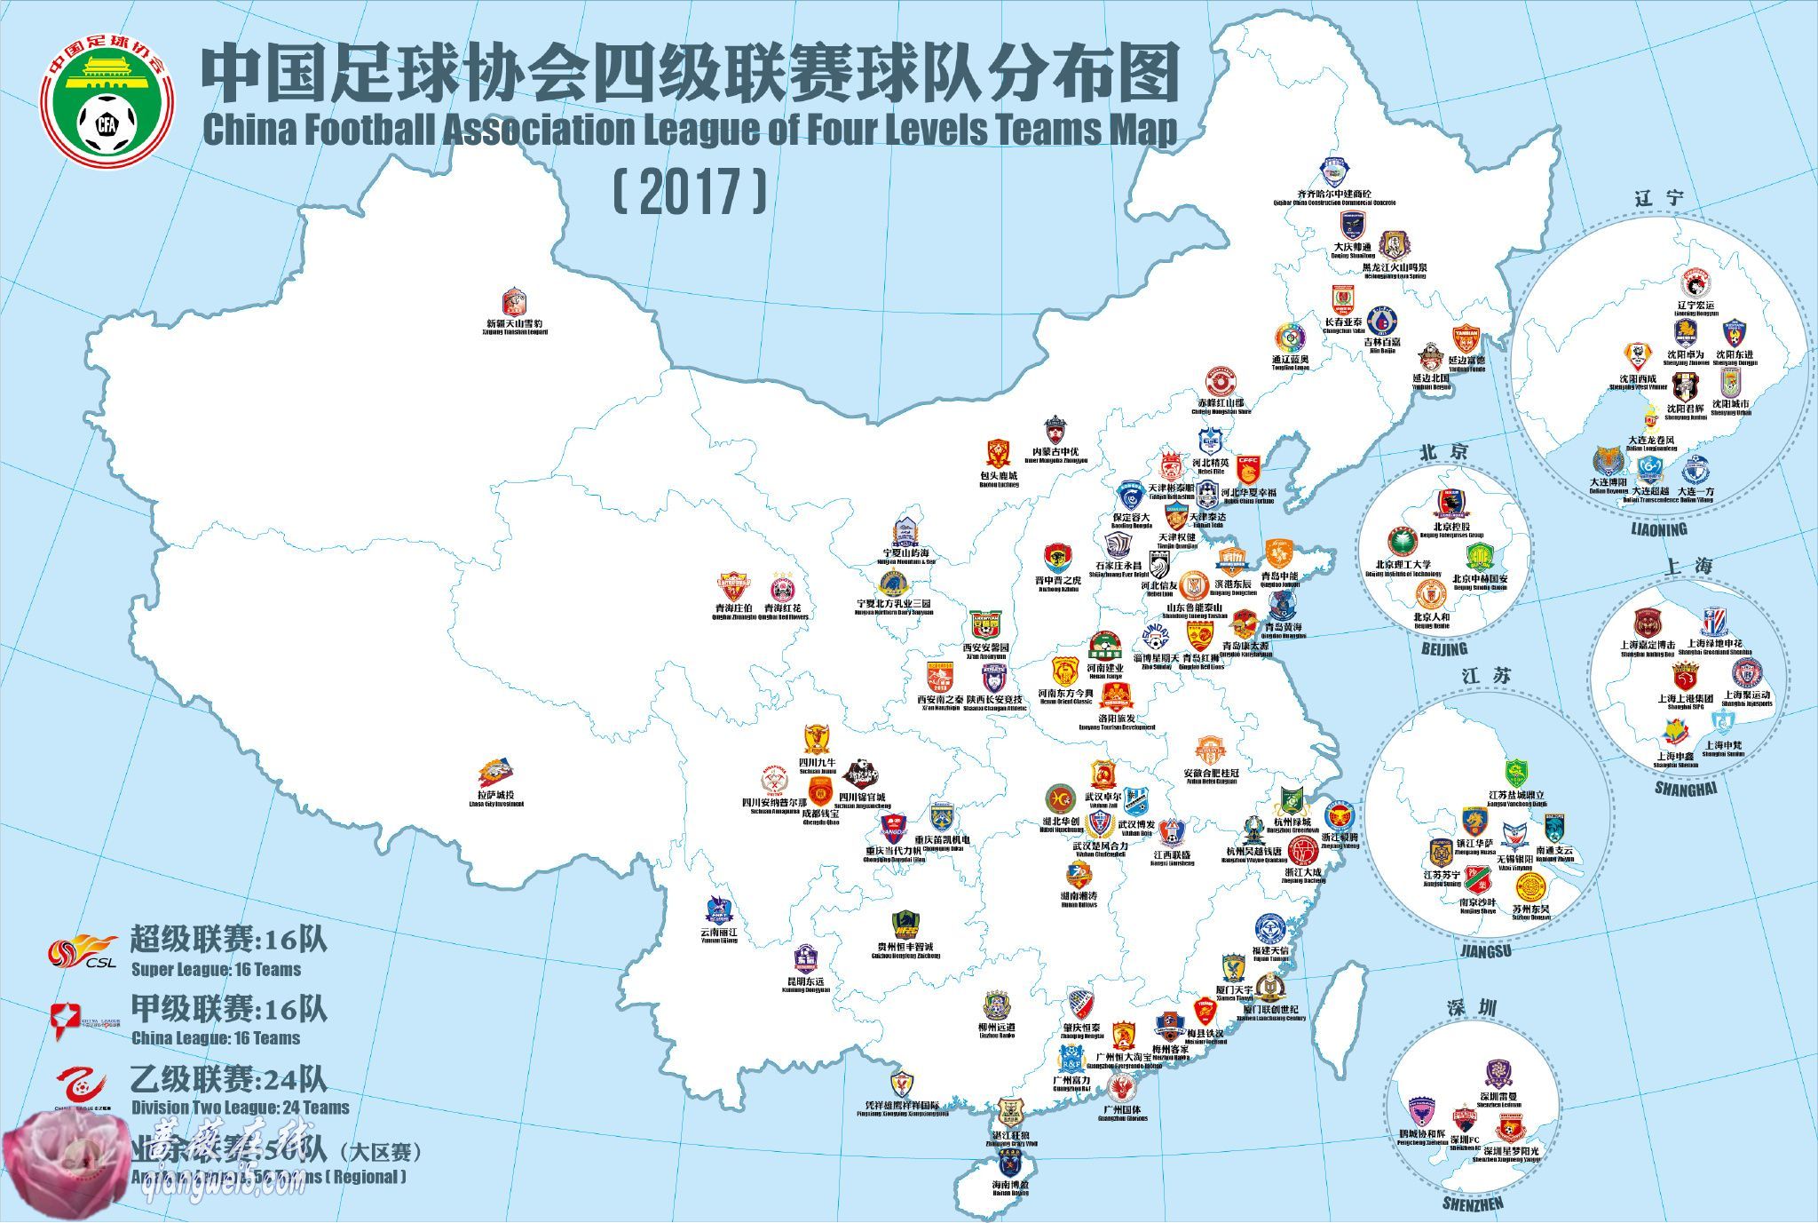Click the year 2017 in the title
[689, 192]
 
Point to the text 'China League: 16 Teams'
[216, 1037]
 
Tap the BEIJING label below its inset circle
[1443, 649]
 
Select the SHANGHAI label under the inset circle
[1686, 788]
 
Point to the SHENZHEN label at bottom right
[1473, 1204]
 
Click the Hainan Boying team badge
[1009, 1164]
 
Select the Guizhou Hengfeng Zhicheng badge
[904, 925]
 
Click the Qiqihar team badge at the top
[1334, 172]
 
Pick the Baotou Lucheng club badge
[998, 454]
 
